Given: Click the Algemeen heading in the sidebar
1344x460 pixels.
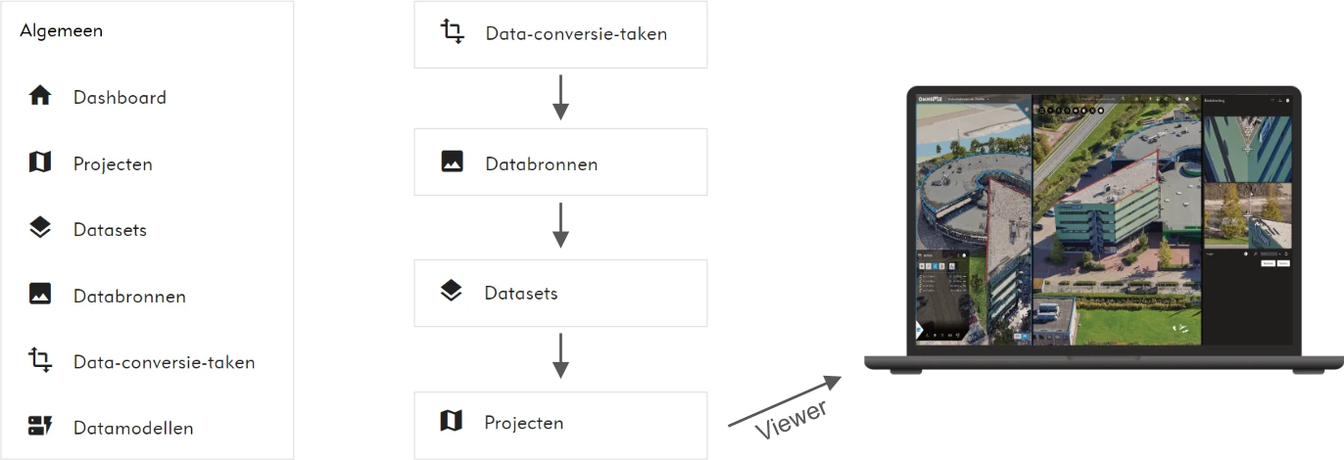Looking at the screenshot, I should coord(61,30).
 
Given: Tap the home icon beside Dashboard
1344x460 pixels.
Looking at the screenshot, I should coord(40,96).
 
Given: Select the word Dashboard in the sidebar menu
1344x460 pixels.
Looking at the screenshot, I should coord(120,97).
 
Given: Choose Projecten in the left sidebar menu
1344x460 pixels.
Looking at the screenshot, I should coord(113,163).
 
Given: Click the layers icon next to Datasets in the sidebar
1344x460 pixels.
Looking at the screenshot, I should coord(40,228).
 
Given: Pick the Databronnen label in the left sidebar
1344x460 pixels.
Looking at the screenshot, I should coord(129,296).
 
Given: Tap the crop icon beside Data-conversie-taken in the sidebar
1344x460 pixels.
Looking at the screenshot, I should coord(40,360).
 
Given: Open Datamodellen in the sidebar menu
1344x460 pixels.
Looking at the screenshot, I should coord(133,428).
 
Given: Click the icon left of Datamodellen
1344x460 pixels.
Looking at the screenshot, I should coord(40,426).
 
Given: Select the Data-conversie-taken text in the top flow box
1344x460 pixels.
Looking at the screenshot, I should coord(576,33).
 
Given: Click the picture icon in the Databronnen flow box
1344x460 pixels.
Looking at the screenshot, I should coord(452,161).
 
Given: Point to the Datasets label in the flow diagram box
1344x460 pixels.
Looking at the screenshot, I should coord(521,293).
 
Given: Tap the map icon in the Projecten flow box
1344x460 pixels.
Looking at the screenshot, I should coord(451,422).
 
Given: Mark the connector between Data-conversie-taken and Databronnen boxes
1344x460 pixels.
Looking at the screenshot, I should coord(559,98).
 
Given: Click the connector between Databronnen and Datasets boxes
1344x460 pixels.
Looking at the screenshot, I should coord(559,227).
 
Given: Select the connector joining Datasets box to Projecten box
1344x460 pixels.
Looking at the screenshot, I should coord(559,359).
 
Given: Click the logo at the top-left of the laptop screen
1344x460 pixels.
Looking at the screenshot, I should coord(930,99).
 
